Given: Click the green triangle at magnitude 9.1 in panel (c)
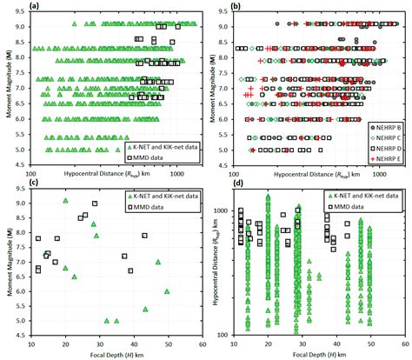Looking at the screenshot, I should coord(66,200).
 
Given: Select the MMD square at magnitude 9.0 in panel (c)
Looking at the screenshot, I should coord(95,203).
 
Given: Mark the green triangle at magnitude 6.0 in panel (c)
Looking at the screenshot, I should coord(167,291).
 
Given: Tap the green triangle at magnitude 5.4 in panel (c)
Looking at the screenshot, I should coord(145,309).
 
